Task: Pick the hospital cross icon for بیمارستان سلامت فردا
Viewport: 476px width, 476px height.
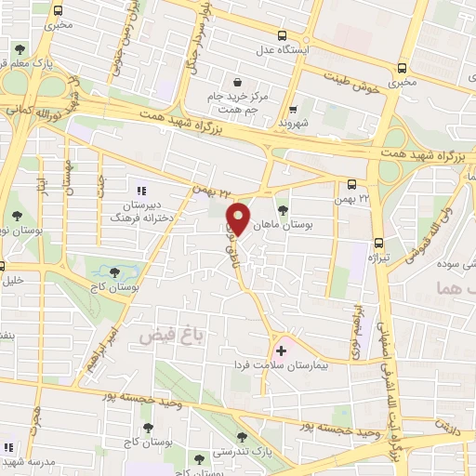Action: pos(281,350)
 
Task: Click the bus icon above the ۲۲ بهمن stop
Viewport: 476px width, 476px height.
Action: pos(352,184)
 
